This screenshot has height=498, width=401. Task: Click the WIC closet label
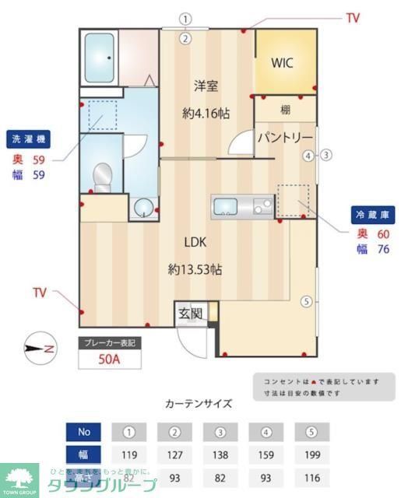coord(282,64)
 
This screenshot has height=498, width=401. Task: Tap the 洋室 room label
coord(206,86)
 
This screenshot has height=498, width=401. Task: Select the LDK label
coord(195,240)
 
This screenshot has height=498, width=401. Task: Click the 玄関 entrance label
coord(191,314)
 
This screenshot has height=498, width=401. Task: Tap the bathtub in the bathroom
coord(99,56)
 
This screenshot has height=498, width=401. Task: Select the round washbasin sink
coord(142,207)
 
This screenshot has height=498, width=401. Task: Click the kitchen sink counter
coord(241,205)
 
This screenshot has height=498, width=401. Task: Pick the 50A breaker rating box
coord(110,360)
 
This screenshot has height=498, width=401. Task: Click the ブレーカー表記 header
coord(110,343)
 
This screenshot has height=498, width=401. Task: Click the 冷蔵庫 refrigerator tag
coord(371,213)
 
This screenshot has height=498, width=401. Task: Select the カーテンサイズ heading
coord(198,404)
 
